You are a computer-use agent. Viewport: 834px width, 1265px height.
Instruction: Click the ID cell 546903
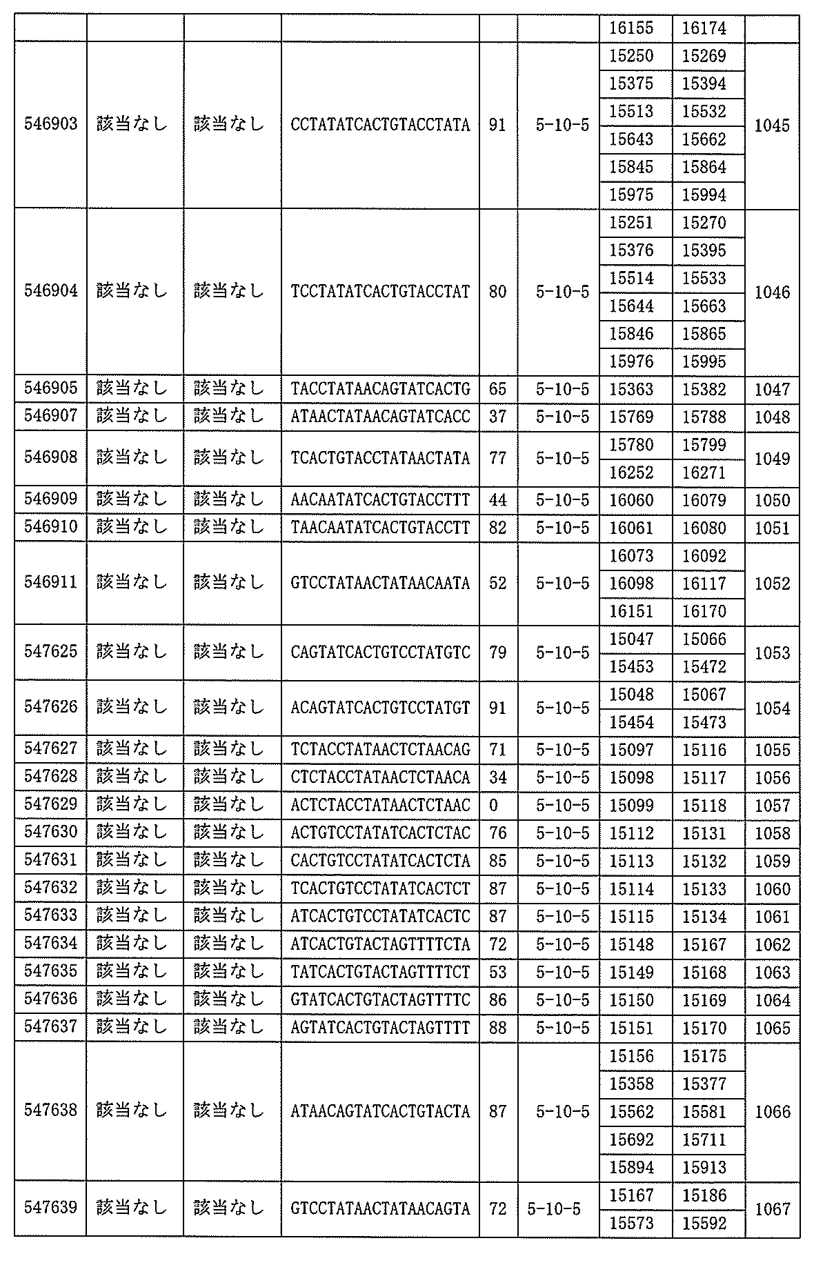(51, 125)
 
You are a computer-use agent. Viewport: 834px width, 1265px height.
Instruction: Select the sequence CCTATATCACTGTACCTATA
(380, 125)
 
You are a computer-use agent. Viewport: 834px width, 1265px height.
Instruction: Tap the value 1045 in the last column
(772, 126)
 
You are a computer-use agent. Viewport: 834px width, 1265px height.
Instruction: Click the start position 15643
(631, 139)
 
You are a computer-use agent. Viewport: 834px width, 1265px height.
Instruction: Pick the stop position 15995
(704, 361)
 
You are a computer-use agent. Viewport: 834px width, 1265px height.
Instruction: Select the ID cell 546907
(51, 417)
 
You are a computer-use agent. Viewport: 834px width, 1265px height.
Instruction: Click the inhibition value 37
(497, 417)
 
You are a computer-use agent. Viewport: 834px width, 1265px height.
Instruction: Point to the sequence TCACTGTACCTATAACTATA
(380, 459)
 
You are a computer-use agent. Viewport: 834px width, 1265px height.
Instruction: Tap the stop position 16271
(704, 472)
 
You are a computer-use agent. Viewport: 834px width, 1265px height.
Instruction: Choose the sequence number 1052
(772, 584)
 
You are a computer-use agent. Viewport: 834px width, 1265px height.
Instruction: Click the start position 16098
(631, 584)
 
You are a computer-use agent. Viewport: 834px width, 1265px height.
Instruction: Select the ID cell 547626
(51, 708)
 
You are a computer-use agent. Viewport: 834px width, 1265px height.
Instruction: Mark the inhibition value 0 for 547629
(493, 806)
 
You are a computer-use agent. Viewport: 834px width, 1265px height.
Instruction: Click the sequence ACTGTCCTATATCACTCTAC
(380, 833)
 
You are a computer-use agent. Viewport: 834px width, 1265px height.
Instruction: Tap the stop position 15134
(704, 917)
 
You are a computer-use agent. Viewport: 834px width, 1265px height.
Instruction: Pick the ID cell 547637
(51, 1028)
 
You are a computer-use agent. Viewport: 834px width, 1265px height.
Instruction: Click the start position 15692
(631, 1139)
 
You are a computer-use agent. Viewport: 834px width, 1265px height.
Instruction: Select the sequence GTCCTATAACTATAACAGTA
(380, 1209)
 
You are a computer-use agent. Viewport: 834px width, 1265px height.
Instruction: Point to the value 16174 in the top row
(704, 28)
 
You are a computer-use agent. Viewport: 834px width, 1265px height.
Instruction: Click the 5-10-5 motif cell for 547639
(554, 1209)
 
